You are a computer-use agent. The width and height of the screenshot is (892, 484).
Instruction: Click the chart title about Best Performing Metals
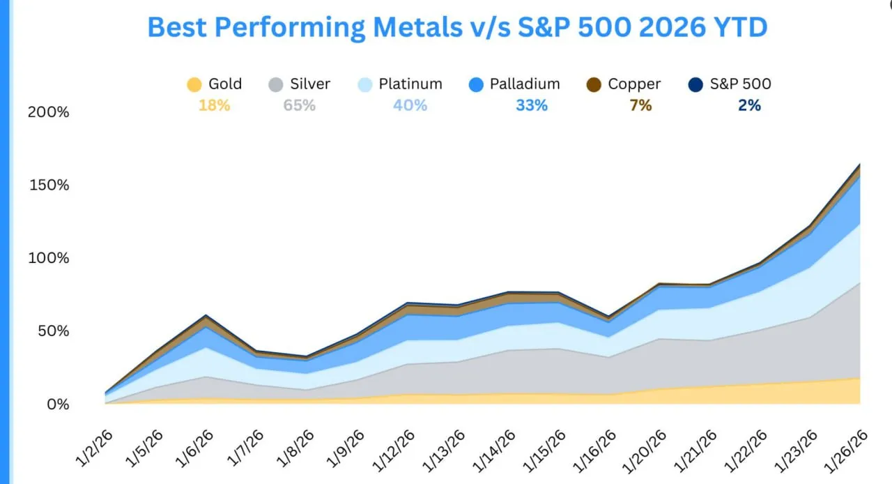tap(457, 28)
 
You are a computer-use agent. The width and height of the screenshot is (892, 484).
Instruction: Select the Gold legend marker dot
tap(194, 85)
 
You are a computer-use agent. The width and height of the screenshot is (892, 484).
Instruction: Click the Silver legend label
tap(310, 84)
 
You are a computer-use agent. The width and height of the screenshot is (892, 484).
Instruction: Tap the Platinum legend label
tap(410, 84)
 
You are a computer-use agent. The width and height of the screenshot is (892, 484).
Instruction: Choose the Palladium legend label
tap(525, 84)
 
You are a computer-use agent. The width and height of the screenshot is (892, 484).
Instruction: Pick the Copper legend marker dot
tap(594, 85)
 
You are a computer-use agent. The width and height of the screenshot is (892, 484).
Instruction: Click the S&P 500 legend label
tap(741, 84)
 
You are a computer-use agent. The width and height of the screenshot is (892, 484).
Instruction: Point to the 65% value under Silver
tap(299, 106)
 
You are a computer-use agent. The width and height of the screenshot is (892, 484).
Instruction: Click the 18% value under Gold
tap(213, 106)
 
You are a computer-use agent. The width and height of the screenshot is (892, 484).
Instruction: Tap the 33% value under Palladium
tap(532, 106)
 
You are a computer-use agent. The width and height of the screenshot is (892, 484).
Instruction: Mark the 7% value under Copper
tap(640, 106)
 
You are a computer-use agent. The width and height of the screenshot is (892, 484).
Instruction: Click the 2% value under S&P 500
tap(749, 106)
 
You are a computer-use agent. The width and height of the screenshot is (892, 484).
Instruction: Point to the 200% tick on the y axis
tap(48, 112)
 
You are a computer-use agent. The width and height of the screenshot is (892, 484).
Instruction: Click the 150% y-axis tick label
tap(48, 186)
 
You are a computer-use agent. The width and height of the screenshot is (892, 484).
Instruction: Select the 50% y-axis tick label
tap(52, 331)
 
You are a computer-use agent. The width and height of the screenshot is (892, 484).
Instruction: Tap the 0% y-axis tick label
tap(57, 404)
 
